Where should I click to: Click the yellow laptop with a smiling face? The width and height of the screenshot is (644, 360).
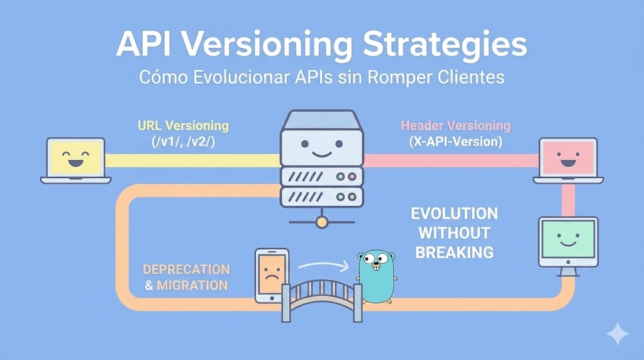click(x=75, y=160)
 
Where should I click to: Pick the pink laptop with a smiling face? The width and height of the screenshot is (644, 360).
click(x=569, y=160)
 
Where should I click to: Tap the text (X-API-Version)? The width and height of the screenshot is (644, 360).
click(x=455, y=142)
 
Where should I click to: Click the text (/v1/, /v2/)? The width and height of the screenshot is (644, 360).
click(x=183, y=142)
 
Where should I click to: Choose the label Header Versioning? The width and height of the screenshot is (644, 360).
click(x=455, y=125)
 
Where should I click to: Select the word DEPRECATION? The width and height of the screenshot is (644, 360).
click(x=186, y=269)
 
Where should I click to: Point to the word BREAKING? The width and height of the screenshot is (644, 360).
click(x=455, y=252)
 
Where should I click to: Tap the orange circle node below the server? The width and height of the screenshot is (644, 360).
click(x=322, y=221)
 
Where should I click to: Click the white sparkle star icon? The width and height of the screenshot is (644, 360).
click(x=618, y=334)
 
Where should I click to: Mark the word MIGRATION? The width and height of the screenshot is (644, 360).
click(x=192, y=285)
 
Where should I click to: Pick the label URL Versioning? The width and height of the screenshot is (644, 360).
click(x=183, y=125)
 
